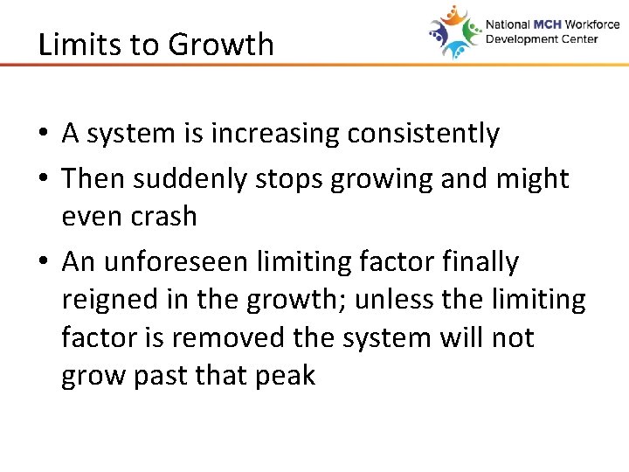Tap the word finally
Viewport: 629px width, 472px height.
(479, 261)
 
